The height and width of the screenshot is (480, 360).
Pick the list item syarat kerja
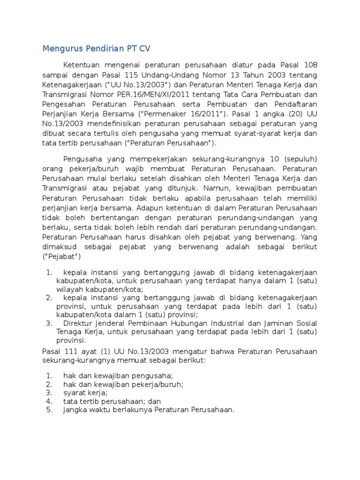click(x=85, y=393)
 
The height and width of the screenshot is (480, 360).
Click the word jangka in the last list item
click(x=75, y=410)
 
